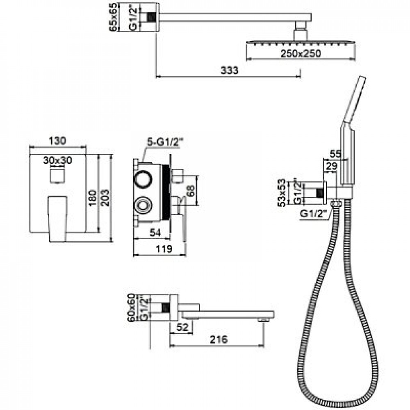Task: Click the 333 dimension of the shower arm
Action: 229,70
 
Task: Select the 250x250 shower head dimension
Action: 301,54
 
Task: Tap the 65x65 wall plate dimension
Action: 114,17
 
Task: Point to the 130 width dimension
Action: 57,141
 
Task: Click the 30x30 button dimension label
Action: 57,160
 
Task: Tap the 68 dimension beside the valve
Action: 191,191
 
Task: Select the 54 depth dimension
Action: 155,232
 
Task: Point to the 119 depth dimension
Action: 164,249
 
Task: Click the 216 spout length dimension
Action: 219,339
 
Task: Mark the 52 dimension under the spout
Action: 182,327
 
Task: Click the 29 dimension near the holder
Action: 332,166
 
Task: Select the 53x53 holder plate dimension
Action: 282,193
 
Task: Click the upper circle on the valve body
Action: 143,179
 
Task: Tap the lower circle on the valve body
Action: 143,205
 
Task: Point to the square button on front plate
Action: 57,175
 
